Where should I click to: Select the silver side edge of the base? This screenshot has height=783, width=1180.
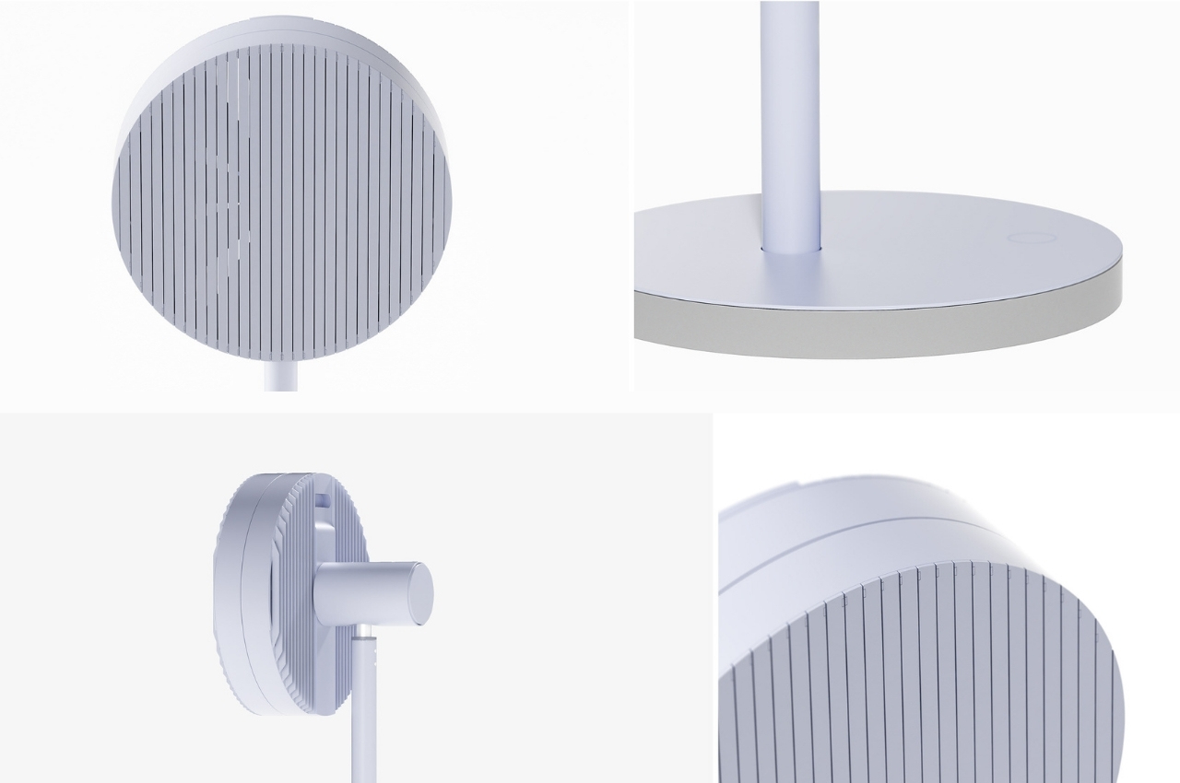[876, 327]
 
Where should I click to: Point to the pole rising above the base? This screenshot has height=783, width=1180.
[790, 111]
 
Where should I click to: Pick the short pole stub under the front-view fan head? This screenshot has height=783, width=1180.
[280, 376]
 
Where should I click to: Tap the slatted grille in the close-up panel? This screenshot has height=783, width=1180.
[922, 682]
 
